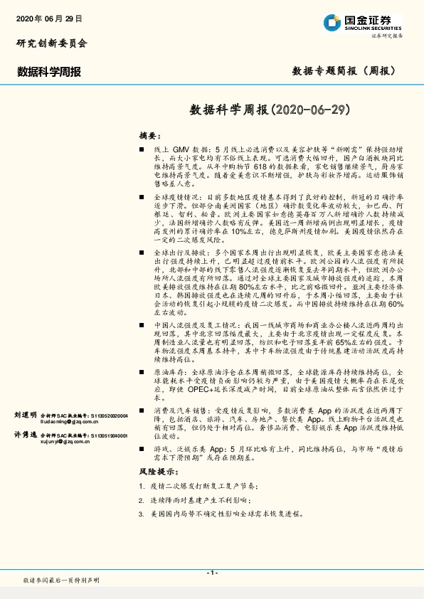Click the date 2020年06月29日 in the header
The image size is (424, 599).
coord(48,18)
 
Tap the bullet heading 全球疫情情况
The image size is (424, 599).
coord(176,196)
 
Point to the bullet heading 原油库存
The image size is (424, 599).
coord(169,373)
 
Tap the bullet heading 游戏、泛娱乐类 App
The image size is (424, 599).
coord(189,450)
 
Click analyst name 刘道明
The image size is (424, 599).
coord(24,414)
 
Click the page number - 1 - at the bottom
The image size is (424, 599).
coord(211,573)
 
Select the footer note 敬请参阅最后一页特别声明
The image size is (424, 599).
coord(61,581)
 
